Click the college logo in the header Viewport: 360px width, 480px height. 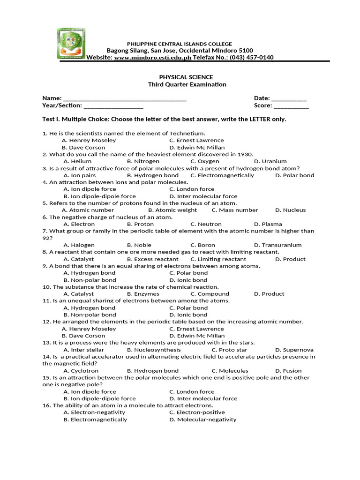(x=71, y=44)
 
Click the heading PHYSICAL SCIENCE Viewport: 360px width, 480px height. (x=180, y=77)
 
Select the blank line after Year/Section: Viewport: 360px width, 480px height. (x=113, y=106)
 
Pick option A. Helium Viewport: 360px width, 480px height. (x=77, y=161)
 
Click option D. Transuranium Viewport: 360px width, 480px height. (x=277, y=245)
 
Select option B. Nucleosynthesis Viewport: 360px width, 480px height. (x=153, y=350)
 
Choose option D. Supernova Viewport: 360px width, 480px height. (x=294, y=350)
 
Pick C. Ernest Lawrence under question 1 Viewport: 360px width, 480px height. (x=196, y=140)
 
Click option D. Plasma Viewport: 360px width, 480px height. (x=268, y=224)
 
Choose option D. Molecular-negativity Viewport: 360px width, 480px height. (x=202, y=420)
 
